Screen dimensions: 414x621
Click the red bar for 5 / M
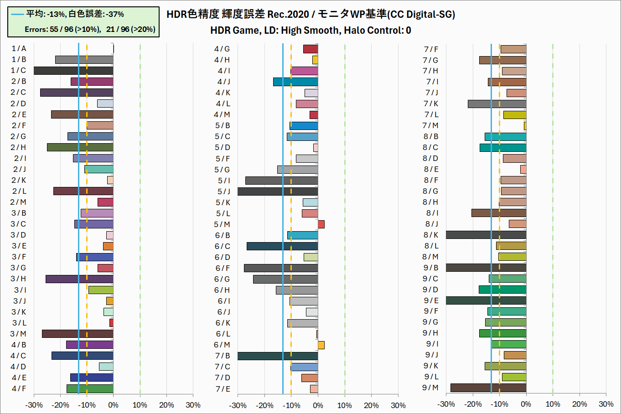(x=321, y=224)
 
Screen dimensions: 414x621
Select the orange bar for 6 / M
(x=321, y=345)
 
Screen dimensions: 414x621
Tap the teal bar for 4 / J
(x=295, y=82)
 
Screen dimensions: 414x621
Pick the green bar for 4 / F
(x=90, y=389)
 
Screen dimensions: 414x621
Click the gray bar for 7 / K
(x=497, y=104)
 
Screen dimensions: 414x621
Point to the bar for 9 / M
(x=488, y=388)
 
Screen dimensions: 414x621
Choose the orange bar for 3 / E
(x=108, y=246)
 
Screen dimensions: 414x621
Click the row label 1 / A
(x=19, y=49)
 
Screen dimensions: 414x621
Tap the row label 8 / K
(x=431, y=235)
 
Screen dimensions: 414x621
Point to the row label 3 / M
(x=19, y=334)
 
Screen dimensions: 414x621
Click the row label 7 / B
(x=223, y=356)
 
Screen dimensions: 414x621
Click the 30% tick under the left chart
(x=193, y=405)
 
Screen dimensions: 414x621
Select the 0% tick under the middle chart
(x=318, y=405)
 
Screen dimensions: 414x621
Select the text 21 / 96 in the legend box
(x=117, y=30)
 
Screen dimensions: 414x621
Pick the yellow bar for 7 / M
(x=525, y=126)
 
